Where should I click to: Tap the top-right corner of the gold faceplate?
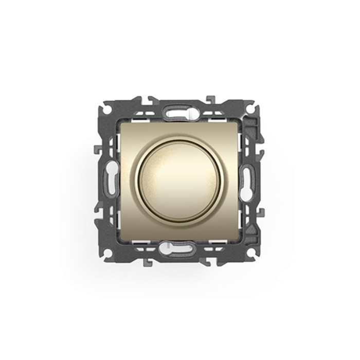(x=239, y=122)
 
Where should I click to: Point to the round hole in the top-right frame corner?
(x=253, y=108)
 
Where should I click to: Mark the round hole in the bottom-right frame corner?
(x=253, y=253)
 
